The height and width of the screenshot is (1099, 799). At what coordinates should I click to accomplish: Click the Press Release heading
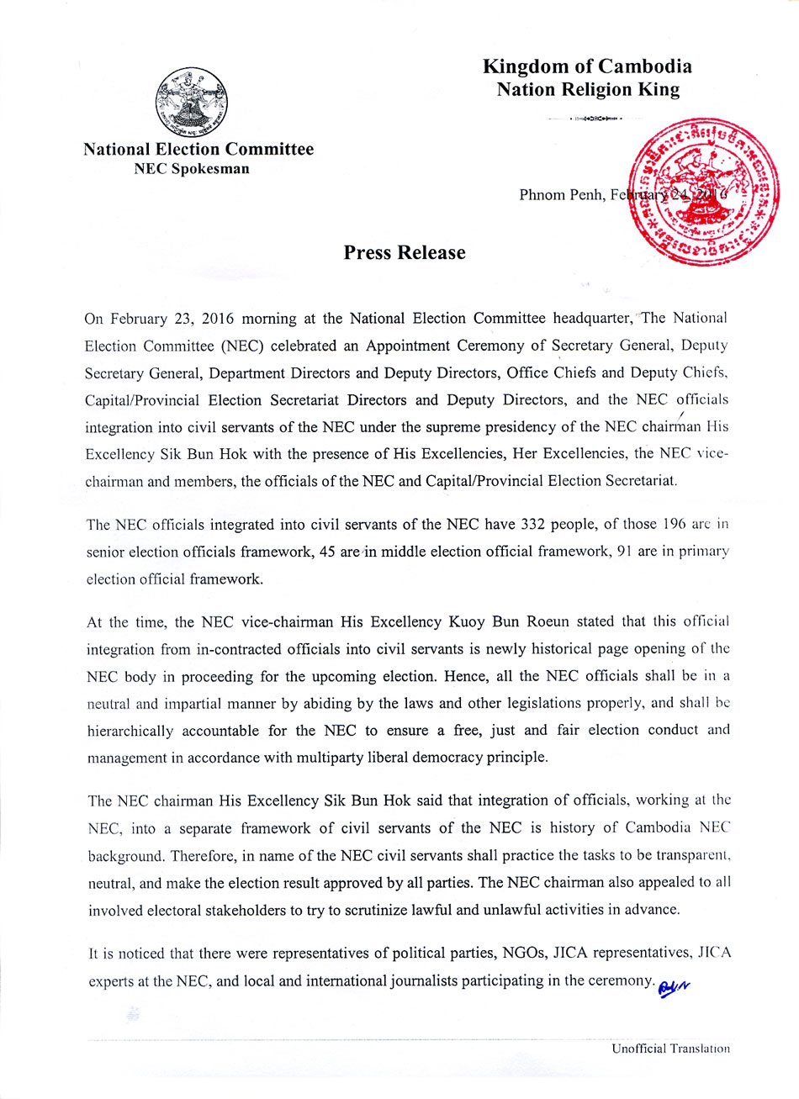(x=404, y=253)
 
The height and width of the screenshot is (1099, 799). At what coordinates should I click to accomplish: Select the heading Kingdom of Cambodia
(x=587, y=67)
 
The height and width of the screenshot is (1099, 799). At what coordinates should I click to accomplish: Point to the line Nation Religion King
(x=587, y=90)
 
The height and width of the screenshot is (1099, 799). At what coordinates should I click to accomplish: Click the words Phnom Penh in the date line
(x=556, y=196)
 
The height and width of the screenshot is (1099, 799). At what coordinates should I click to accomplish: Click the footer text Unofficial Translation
(x=670, y=1049)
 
